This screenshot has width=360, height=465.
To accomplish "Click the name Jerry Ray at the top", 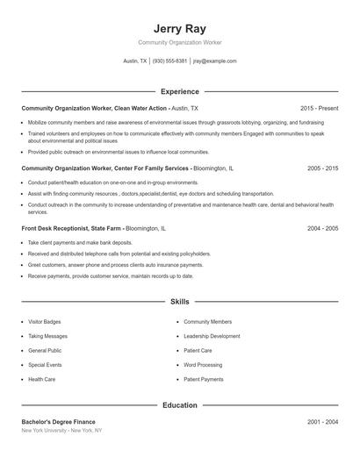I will (179, 28).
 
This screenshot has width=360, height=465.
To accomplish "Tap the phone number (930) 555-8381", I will (169, 61).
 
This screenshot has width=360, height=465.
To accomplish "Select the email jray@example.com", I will (214, 61).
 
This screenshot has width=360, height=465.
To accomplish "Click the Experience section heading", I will (179, 91).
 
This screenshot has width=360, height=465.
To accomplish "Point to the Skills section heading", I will (179, 301).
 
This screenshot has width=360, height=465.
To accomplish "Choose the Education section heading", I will (179, 405).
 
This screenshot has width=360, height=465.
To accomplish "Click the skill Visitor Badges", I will (45, 322).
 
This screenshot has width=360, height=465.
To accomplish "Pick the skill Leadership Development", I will (212, 336).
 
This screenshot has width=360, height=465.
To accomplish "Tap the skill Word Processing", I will (203, 364).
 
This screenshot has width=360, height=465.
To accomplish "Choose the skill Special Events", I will (45, 364).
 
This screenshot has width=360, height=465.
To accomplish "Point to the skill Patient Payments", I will (204, 379).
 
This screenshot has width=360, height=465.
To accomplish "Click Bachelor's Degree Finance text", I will (58, 422).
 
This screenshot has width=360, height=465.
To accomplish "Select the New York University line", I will (61, 431).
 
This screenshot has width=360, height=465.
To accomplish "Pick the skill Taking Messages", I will (47, 336).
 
